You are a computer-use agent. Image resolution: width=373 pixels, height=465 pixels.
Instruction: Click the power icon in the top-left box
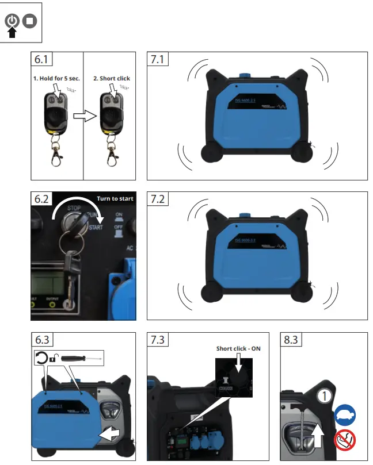pyautogui.click(x=12, y=21)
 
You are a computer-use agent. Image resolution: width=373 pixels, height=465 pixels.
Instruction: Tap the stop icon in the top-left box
pyautogui.click(x=29, y=21)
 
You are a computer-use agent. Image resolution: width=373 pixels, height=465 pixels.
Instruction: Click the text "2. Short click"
pyautogui.click(x=112, y=78)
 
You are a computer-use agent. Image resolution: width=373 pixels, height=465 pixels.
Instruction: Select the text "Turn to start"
pyautogui.click(x=115, y=199)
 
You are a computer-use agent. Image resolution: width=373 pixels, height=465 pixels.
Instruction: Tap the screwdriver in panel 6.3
pyautogui.click(x=82, y=358)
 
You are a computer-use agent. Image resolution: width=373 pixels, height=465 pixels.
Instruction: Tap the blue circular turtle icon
pyautogui.click(x=345, y=414)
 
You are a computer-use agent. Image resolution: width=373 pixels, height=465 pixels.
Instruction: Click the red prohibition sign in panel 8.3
pyautogui.click(x=345, y=441)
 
